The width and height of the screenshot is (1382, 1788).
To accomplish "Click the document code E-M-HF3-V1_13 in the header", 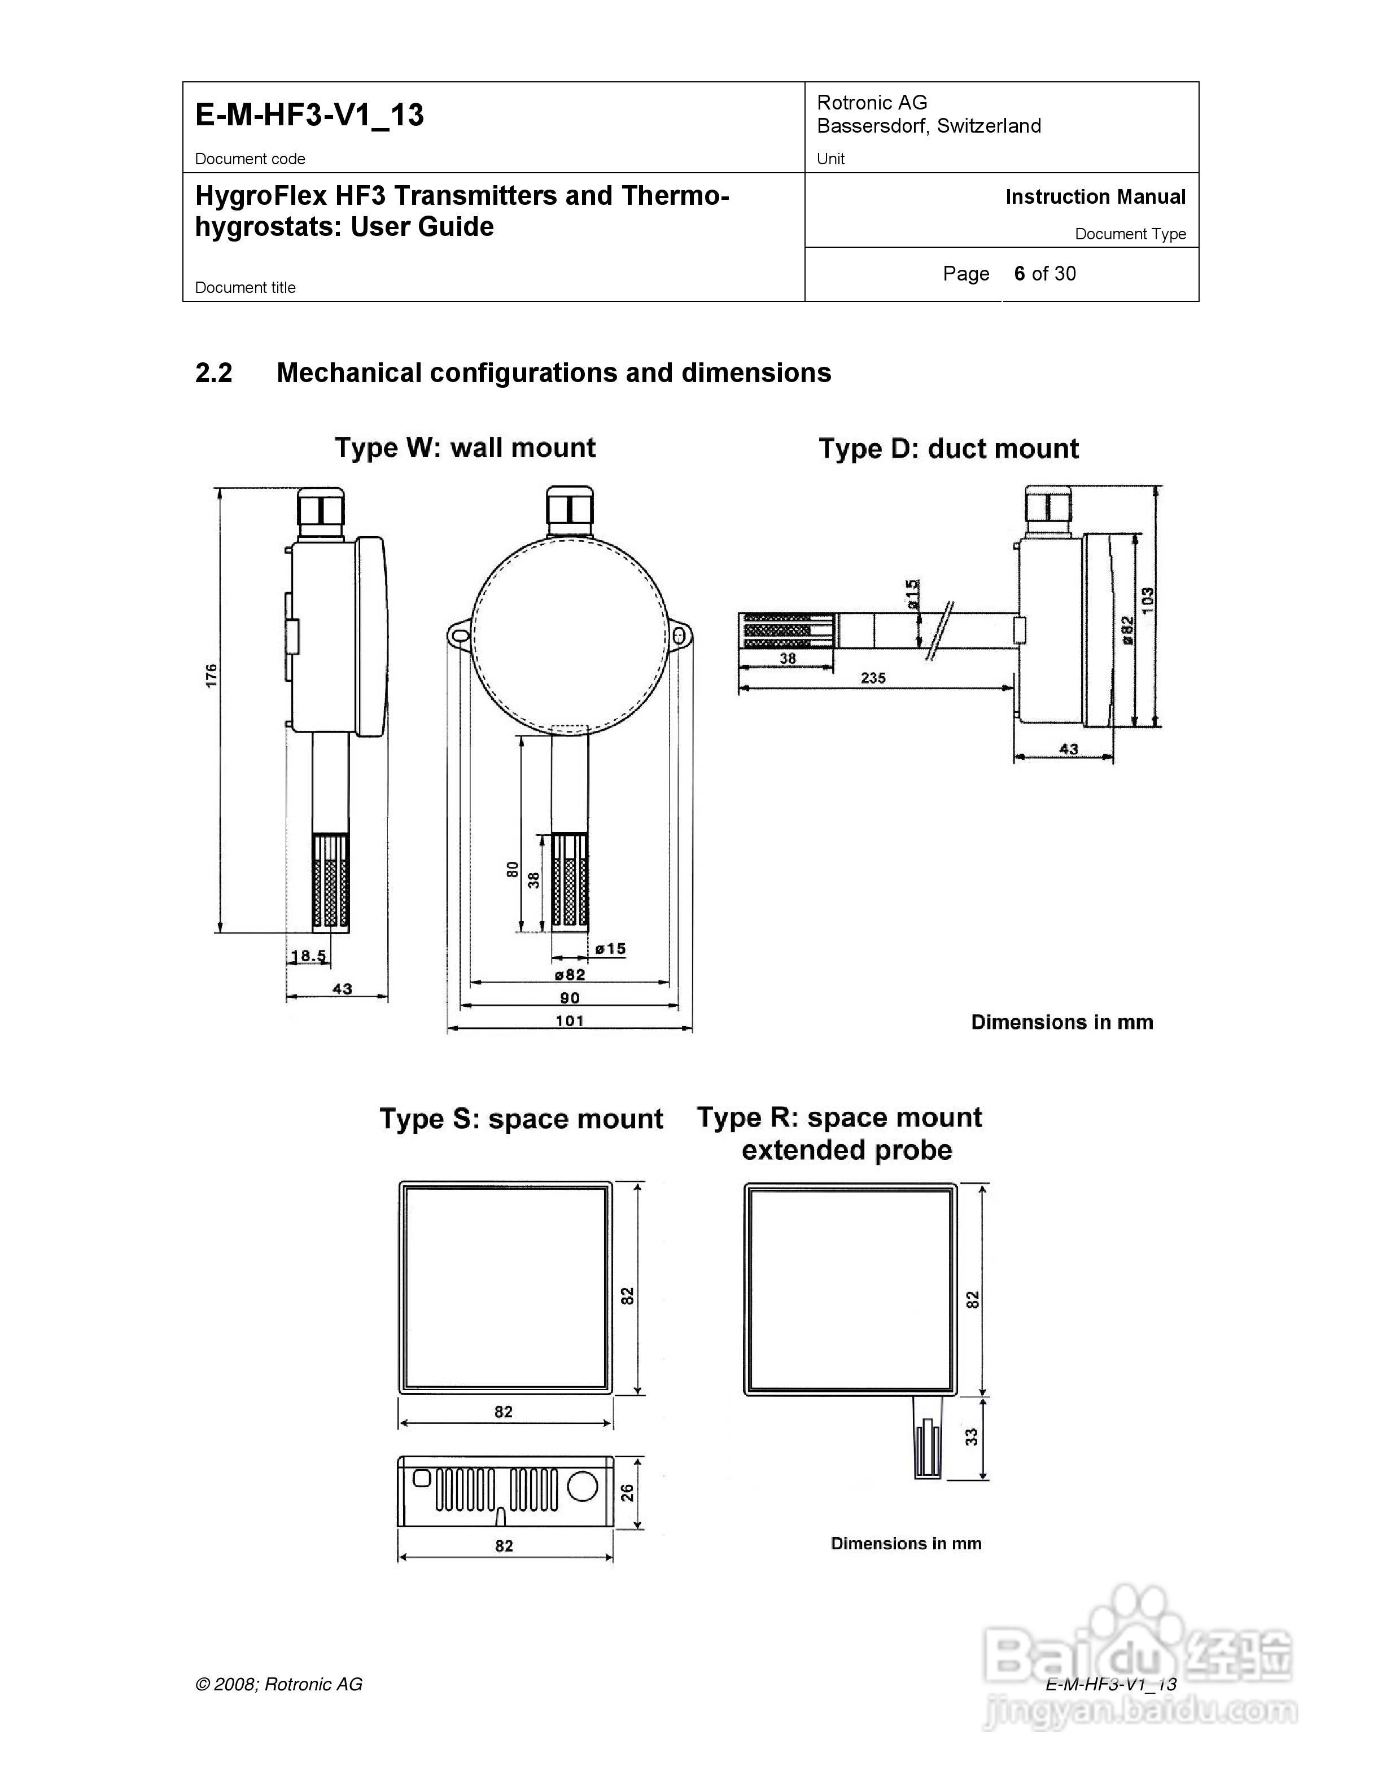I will click(309, 115).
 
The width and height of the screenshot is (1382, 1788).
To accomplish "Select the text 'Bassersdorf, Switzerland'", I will click(929, 126).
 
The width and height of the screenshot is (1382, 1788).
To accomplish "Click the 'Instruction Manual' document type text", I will click(1095, 198).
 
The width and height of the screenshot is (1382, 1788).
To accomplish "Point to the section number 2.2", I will click(214, 373).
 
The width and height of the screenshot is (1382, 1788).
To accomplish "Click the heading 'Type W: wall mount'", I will click(465, 448).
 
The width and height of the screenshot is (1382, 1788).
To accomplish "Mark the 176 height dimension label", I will click(211, 676).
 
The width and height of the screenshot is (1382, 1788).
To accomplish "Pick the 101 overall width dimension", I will click(569, 1020).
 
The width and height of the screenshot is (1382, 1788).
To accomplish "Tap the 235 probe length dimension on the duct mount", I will click(873, 678).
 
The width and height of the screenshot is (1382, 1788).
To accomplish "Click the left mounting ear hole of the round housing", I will click(460, 634).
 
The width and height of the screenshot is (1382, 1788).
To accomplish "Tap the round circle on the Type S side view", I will click(582, 1486).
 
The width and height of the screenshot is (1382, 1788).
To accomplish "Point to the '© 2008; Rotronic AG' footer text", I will click(278, 1684).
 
